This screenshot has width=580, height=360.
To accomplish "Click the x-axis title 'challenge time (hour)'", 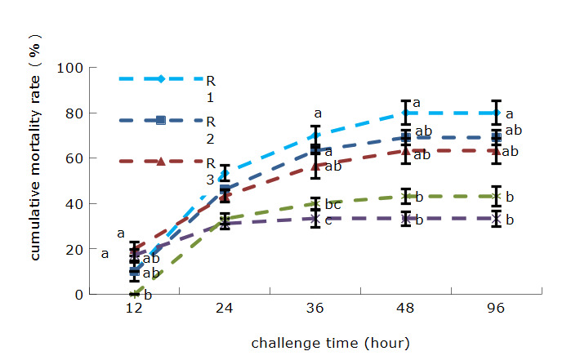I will tap(330, 343).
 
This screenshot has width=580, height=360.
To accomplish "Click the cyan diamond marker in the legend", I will tap(161, 78).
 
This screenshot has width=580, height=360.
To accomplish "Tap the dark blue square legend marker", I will tap(161, 120).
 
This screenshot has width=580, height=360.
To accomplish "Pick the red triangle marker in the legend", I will tap(161, 162).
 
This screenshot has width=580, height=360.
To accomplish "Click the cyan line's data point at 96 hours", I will tap(496, 113).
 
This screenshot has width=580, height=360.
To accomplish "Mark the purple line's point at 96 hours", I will tap(496, 219).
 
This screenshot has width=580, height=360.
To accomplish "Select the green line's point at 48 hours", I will tap(405, 196).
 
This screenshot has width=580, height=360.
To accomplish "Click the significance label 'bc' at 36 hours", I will tap(332, 203).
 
